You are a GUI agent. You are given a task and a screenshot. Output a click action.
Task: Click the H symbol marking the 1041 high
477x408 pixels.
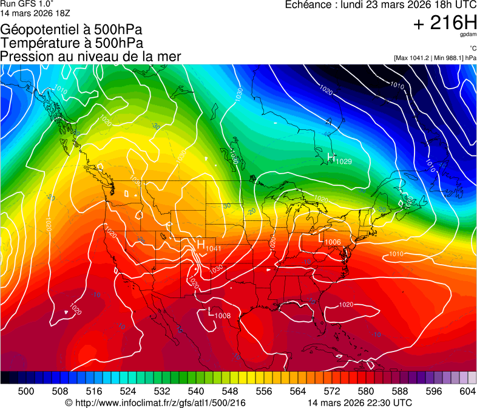tap(200, 244)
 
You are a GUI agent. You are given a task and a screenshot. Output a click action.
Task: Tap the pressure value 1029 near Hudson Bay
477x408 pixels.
tap(343, 161)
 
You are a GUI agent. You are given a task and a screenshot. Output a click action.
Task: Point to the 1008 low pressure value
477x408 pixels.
tap(223, 316)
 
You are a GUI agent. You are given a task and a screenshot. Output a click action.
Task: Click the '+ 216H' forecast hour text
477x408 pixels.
tap(445, 24)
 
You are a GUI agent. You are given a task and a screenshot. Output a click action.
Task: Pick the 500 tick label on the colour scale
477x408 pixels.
tap(26, 390)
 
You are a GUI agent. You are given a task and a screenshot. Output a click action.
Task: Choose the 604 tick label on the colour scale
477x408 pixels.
tap(468, 390)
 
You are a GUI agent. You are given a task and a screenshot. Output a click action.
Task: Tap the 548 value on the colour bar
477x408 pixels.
tap(230, 390)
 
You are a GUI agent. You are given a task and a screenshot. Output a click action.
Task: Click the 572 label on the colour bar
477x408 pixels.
tap(332, 390)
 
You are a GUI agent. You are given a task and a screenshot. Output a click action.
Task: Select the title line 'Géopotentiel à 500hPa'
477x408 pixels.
tap(72, 29)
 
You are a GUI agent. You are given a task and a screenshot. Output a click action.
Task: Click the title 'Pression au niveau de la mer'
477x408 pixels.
tap(90, 56)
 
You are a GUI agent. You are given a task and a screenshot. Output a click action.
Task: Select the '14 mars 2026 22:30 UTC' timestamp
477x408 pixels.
tap(360, 403)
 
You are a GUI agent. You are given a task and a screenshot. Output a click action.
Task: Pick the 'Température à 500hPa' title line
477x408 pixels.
tap(72, 42)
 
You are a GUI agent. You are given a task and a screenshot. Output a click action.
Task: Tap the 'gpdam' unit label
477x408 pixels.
tap(469, 35)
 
